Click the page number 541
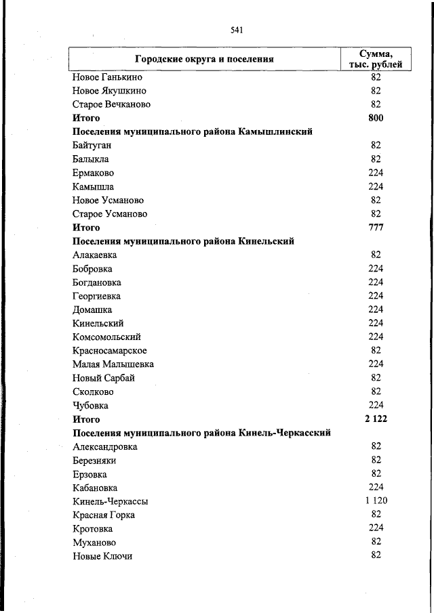pos(237,30)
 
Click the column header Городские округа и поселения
pos(203,59)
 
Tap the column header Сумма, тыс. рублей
pos(376,59)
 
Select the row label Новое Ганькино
pos(107,77)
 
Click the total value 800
pos(376,118)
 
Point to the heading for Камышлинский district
pos(192,132)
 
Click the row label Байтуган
pos(92,146)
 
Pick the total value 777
pos(376,228)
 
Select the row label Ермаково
pos(93,173)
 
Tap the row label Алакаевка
pos(94,255)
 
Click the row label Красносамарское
pos(109,351)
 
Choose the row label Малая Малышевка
pos(113,364)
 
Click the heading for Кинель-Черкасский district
pos(201,433)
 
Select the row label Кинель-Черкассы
pos(110,502)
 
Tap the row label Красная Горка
pos(103,515)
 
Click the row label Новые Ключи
pos(102,556)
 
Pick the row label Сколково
pos(93,392)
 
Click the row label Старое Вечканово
pos(111,104)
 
